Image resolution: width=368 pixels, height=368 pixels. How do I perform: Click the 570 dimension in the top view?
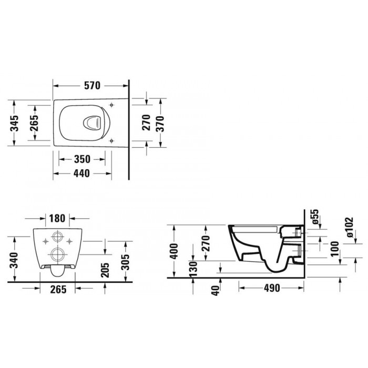click(92, 86)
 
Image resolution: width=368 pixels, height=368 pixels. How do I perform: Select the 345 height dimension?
click(15, 123)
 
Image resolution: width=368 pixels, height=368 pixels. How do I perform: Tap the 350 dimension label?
click(82, 159)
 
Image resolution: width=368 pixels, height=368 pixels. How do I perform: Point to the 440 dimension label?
click(81, 173)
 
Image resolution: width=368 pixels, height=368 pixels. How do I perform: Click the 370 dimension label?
click(160, 123)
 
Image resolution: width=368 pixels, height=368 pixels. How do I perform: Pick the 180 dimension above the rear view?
click(57, 218)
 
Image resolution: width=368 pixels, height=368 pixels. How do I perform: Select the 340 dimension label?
click(15, 260)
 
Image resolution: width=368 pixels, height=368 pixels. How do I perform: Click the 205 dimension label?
click(105, 270)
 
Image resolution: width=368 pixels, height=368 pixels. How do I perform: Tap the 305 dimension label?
click(126, 262)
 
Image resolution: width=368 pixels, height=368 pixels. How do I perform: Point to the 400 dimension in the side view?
click(174, 251)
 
